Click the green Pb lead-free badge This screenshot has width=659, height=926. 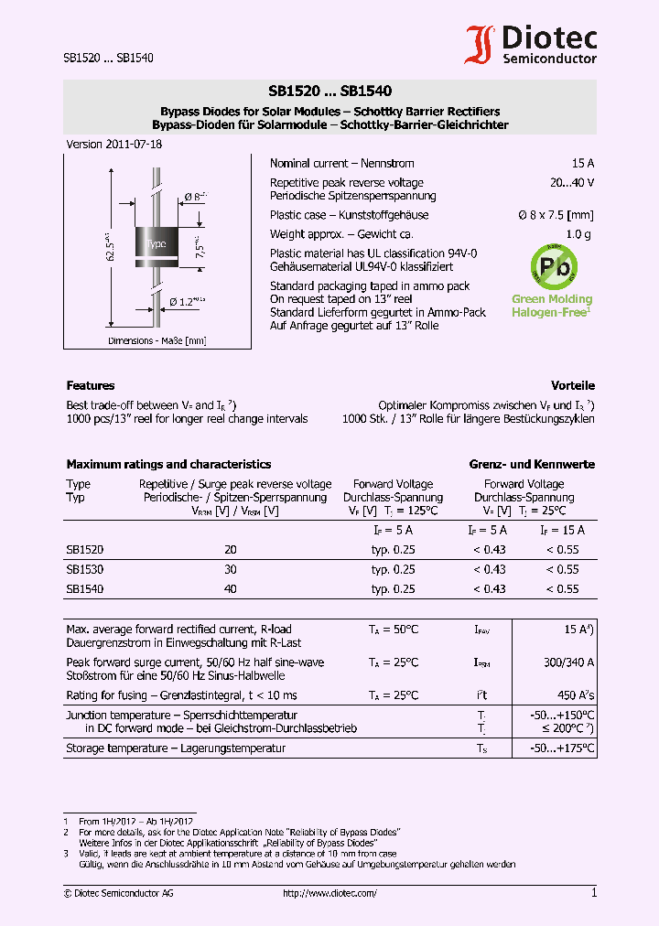554,266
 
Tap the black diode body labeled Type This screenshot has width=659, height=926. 157,243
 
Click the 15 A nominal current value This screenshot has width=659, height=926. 583,163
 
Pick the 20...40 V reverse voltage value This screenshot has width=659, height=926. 572,183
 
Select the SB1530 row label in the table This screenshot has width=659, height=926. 84,569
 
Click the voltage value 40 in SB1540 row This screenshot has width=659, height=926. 231,589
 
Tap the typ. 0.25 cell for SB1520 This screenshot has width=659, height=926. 393,549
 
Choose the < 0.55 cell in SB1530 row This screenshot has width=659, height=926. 563,569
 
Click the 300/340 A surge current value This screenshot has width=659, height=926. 569,662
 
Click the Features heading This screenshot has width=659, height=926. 91,385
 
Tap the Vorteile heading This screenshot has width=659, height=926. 572,385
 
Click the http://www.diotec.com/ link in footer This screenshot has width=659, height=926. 329,893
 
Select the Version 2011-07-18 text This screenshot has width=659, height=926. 113,145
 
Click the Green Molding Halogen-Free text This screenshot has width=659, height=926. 551,306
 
